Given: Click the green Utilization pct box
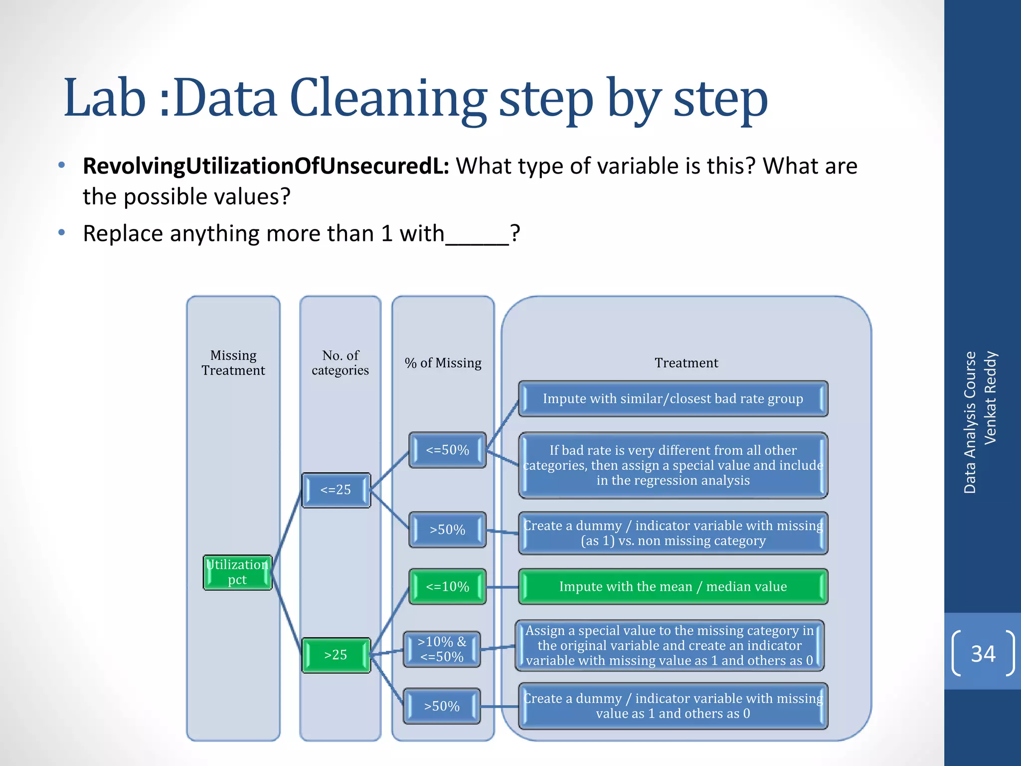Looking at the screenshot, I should click(237, 573).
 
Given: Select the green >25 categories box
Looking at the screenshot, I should click(336, 655).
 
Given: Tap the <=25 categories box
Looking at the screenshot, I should click(336, 490).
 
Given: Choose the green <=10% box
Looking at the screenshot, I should click(447, 586).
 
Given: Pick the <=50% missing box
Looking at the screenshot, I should click(447, 450).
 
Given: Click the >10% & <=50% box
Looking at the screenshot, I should click(442, 649).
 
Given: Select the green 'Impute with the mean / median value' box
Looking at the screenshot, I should click(673, 586).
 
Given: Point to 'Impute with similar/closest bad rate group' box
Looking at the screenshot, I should click(673, 398).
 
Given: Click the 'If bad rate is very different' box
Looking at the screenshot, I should click(673, 465).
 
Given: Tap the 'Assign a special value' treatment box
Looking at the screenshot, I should click(669, 645).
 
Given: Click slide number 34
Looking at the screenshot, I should click(983, 654).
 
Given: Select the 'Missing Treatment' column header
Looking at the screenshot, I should click(233, 363).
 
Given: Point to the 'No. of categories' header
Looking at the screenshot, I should click(340, 363).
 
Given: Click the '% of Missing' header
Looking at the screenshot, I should click(443, 363).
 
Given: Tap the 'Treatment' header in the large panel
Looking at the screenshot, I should click(686, 363).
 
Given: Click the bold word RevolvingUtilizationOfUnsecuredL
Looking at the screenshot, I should click(266, 166).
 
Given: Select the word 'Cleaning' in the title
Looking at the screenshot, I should click(388, 98).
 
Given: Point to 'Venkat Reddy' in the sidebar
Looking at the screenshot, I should click(990, 397).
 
